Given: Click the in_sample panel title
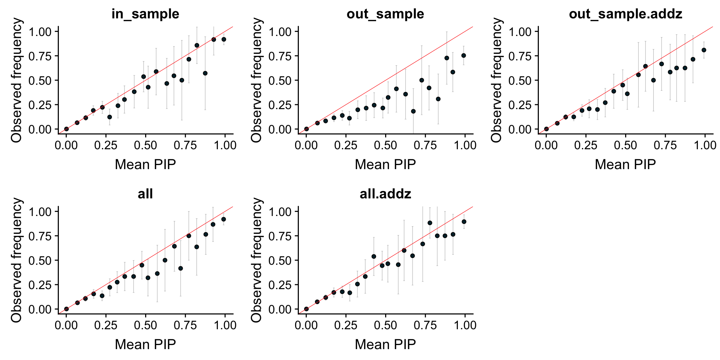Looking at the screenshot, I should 145,14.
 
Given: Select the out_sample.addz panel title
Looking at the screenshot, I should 625,14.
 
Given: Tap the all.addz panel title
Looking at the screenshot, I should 385,194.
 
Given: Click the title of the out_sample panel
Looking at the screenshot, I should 385,14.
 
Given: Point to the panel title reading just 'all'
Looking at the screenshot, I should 145,194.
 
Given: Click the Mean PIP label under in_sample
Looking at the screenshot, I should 145,164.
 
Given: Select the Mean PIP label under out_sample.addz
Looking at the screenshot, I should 625,164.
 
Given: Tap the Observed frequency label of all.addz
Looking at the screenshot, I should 256,260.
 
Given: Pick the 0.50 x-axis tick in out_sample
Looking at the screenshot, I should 385,145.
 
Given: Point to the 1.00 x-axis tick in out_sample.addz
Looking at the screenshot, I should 705,145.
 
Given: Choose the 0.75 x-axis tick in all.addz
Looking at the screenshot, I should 425,325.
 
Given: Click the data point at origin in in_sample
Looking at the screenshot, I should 66,129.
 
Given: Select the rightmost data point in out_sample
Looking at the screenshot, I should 463,55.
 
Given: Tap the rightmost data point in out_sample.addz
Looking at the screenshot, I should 704,50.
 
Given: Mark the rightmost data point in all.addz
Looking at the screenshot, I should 464,222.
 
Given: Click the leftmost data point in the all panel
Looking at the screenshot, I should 66,309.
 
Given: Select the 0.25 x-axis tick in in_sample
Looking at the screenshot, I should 106,145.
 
